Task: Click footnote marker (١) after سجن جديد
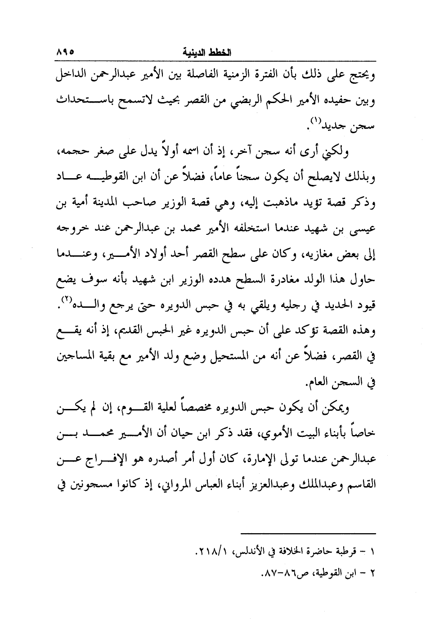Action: click(315, 120)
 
